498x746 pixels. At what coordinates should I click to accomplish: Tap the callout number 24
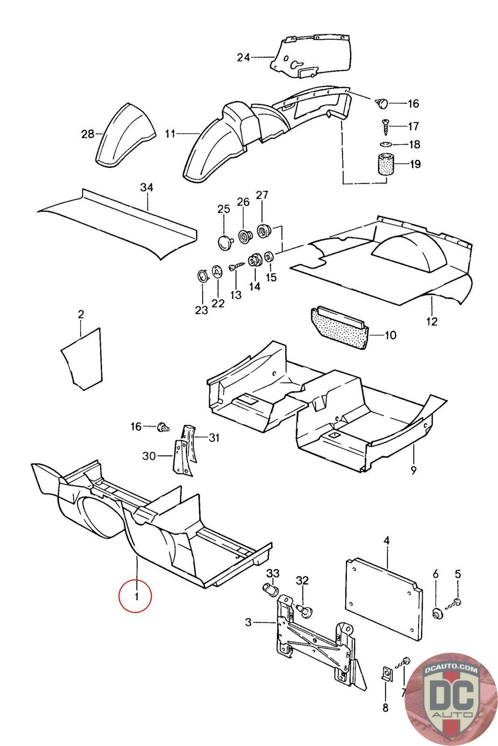pos(243,57)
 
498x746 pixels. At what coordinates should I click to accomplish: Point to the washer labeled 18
pos(386,145)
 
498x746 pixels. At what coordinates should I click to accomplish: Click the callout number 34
pos(147,187)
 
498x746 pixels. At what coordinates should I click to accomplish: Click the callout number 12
pos(432,321)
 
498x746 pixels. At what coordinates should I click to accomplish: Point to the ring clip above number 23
pos(202,276)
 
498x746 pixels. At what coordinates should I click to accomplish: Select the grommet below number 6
pos(437,613)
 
